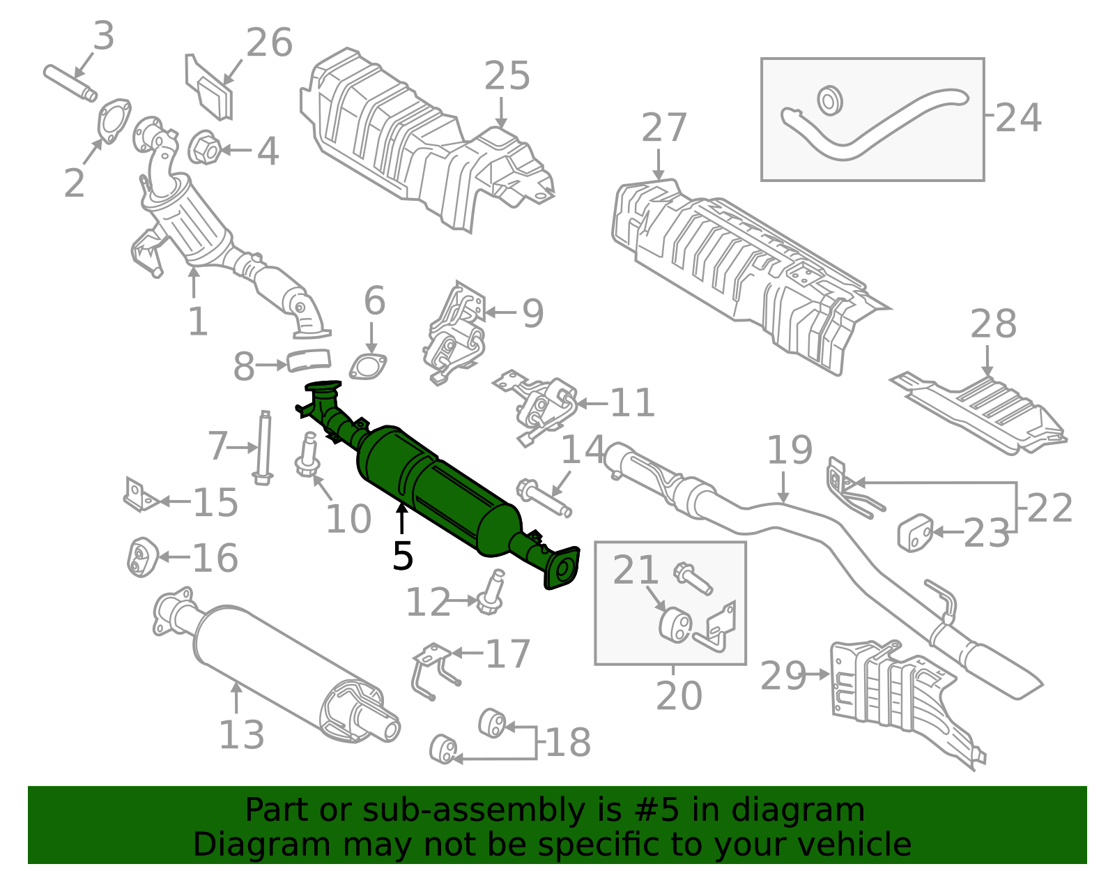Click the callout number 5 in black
pos(403,556)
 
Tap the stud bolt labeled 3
pos(70,82)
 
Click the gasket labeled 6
pos(368,368)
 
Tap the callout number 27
pos(663,128)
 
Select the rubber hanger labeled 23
pos(915,533)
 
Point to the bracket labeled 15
pos(139,496)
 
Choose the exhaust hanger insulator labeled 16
pos(142,557)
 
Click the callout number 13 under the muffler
pos(241,734)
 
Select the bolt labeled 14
pos(544,496)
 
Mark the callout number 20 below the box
pos(678,695)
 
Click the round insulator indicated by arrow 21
pos(675,623)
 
